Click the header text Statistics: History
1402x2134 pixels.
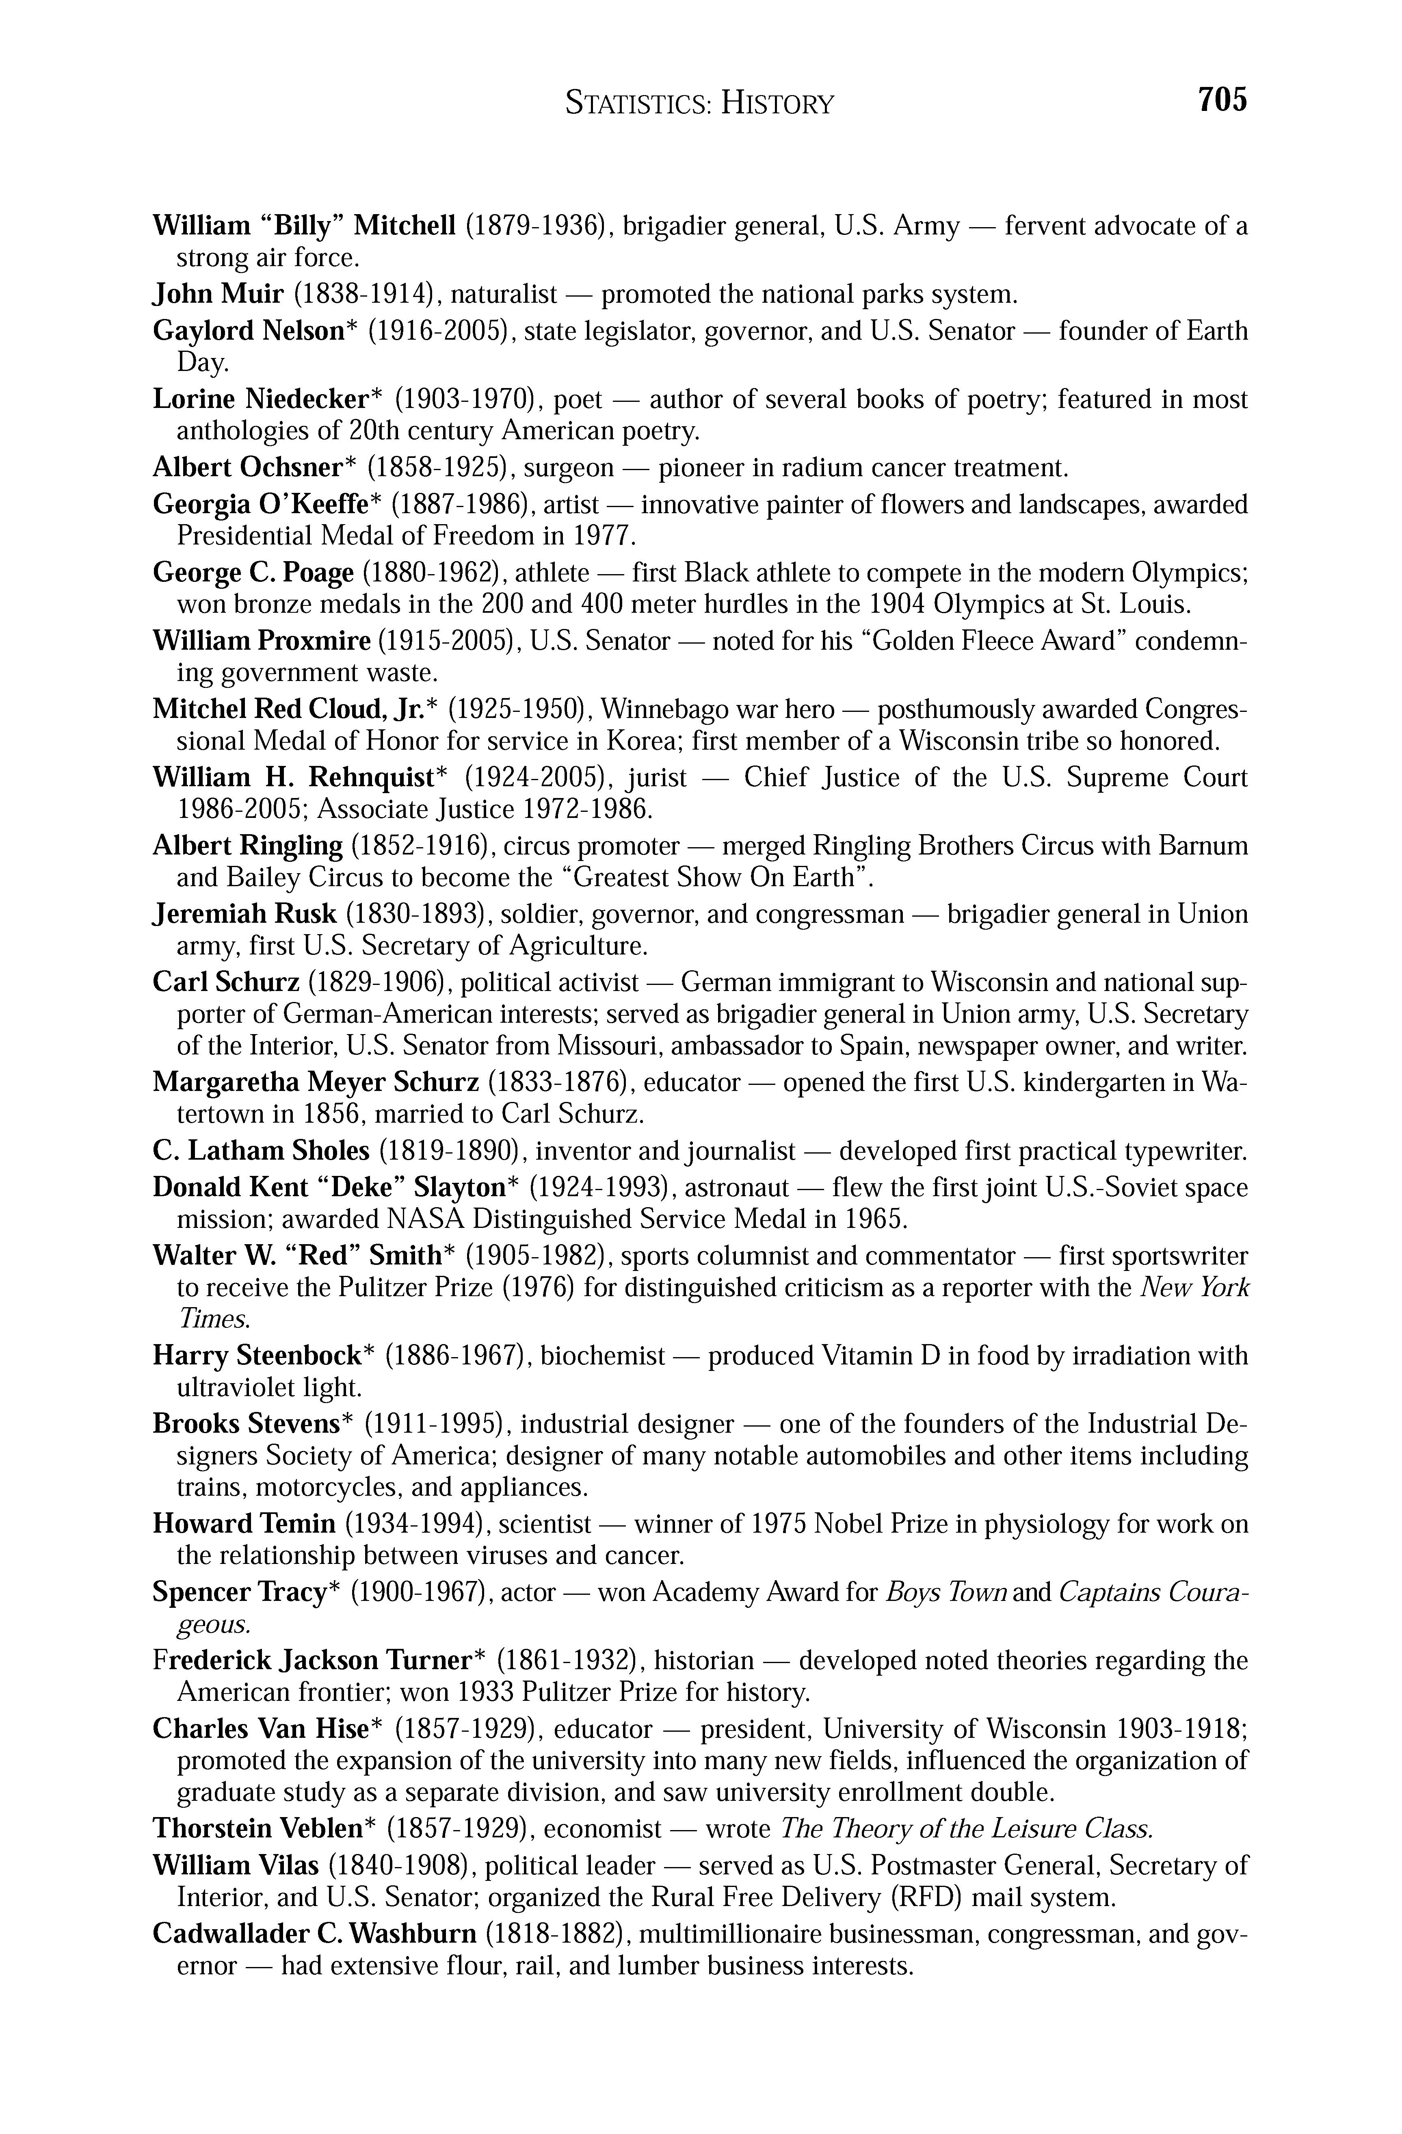[x=699, y=104]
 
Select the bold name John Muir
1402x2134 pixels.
[x=218, y=294]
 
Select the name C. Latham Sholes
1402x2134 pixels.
[x=261, y=1150]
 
